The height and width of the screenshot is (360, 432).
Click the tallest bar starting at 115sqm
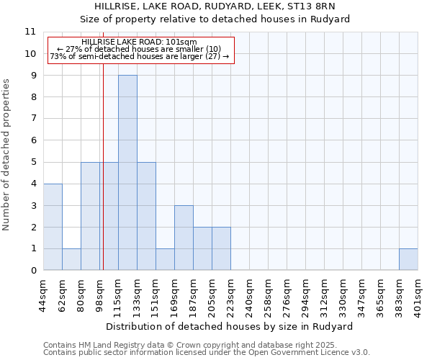click(x=127, y=173)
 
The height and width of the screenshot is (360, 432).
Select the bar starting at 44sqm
click(x=53, y=227)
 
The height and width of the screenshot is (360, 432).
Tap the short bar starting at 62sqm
click(x=71, y=259)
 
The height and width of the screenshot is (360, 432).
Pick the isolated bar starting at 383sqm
click(x=408, y=259)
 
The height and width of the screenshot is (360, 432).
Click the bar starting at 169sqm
click(x=184, y=238)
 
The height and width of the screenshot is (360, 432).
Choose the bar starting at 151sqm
click(x=165, y=259)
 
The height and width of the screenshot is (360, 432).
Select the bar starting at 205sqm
click(x=221, y=248)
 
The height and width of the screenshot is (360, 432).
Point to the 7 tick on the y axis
click(x=33, y=119)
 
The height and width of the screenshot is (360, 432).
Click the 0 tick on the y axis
click(x=33, y=271)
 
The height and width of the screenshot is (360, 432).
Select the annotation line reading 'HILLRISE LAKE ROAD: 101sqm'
click(x=139, y=42)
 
